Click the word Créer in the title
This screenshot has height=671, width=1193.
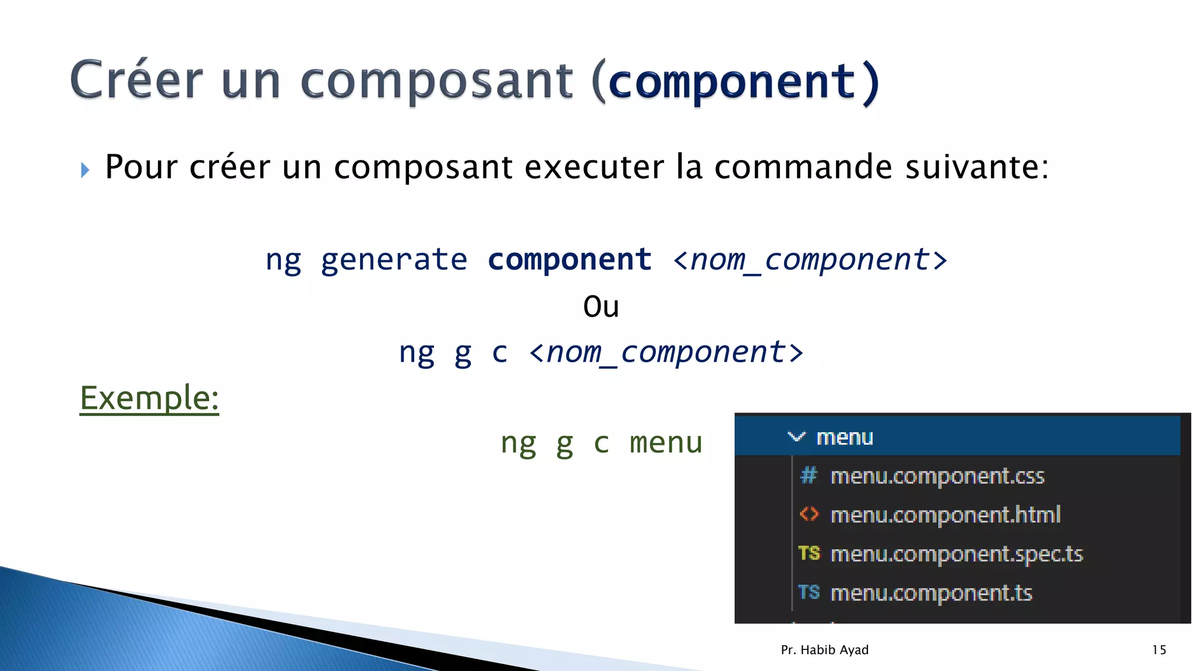(137, 80)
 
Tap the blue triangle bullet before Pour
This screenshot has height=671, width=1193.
(85, 170)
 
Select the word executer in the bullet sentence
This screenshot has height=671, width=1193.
(594, 167)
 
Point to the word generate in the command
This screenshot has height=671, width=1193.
(394, 260)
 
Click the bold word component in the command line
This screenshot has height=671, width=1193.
(569, 260)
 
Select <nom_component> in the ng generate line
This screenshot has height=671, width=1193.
(810, 260)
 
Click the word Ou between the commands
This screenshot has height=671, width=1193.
(601, 307)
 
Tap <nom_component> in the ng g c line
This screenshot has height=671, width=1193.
(666, 352)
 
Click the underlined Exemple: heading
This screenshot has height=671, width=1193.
(149, 398)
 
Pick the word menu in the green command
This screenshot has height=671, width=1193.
(666, 443)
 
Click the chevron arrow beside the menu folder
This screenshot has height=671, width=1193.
(796, 436)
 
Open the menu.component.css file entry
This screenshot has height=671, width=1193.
(937, 476)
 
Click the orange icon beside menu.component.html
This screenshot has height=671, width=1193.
(809, 514)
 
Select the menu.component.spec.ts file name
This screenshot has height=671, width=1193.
(956, 554)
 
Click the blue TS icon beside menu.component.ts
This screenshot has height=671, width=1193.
(809, 592)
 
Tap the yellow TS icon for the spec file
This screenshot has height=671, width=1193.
(809, 553)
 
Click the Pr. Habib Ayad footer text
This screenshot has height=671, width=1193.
(824, 650)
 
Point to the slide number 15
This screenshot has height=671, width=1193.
(1159, 650)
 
